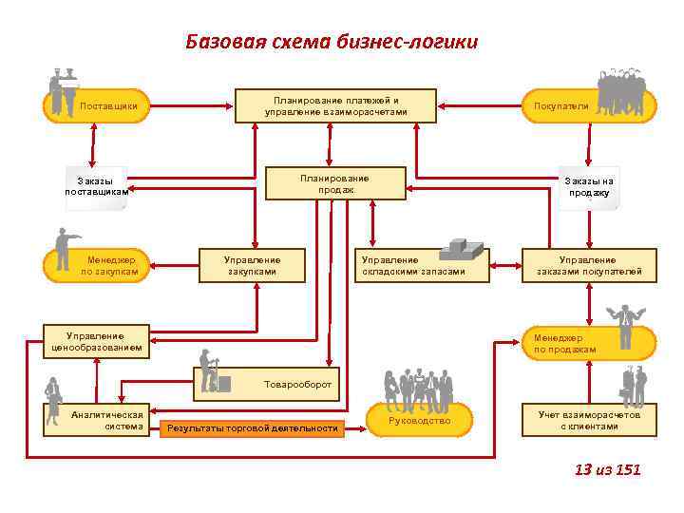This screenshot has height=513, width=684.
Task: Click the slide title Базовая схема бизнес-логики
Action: pos(332,42)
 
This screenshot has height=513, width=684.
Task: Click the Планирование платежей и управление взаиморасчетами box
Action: pos(336,105)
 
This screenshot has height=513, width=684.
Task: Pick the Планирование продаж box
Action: pos(334,183)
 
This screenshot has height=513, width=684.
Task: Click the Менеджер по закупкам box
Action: pos(104,265)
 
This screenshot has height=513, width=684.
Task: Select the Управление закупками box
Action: pos(252,265)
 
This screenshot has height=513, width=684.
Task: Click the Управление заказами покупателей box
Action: pos(589,265)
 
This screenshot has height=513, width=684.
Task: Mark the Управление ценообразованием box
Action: pos(96,342)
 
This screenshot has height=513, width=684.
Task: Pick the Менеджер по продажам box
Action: pos(589,343)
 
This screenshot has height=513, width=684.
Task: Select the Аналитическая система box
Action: pos(106,420)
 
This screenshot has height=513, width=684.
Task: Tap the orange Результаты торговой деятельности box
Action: pos(253,428)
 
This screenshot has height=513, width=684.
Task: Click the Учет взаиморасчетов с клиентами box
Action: pos(589,420)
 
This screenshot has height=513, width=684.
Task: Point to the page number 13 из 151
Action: pos(608,469)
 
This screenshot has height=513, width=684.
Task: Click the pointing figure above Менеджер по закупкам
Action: pos(65,246)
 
